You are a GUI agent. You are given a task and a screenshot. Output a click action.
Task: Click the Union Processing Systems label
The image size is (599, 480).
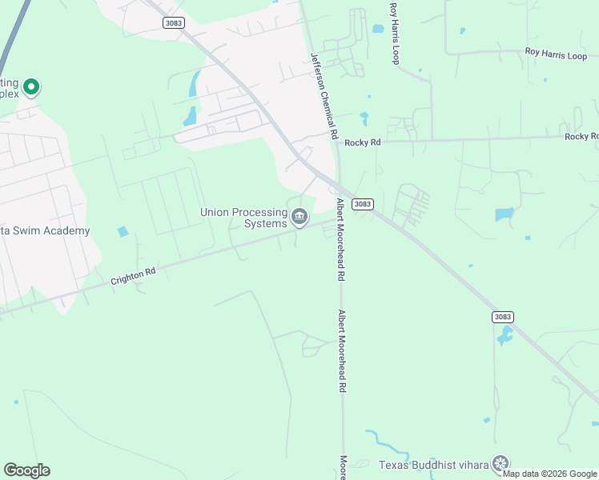coord(243,218)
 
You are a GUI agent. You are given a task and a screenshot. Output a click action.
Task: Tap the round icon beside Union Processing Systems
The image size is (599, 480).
coord(299,216)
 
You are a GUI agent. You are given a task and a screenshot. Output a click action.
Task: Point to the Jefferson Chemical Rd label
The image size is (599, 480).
coord(323,96)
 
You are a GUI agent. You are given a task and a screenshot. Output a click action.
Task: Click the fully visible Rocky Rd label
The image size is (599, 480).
coord(363,142)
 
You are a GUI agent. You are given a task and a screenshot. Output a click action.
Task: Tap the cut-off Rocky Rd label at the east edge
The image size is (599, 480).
coord(581,137)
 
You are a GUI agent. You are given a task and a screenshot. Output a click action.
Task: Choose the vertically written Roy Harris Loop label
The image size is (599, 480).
coord(394,33)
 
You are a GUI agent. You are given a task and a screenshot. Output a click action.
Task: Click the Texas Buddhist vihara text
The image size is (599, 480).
coord(433,464)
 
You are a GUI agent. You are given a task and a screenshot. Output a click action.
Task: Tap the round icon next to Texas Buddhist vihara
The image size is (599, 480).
coord(501,463)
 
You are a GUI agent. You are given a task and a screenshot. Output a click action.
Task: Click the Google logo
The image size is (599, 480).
coord(26,470)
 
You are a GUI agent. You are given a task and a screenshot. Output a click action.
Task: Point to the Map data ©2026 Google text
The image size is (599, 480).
coord(550,474)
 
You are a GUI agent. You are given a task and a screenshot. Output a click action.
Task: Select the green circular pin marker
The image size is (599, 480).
coord(30,86)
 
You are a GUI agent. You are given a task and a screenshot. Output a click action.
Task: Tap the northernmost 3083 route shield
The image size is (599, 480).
coord(173,22)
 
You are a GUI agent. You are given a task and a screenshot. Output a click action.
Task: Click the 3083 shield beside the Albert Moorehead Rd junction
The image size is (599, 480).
coord(363,204)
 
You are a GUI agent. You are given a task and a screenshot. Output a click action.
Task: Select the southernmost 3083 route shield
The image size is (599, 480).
coord(502,317)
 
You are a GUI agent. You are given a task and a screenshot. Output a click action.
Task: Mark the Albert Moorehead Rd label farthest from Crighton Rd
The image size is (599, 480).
coord(341,350)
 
